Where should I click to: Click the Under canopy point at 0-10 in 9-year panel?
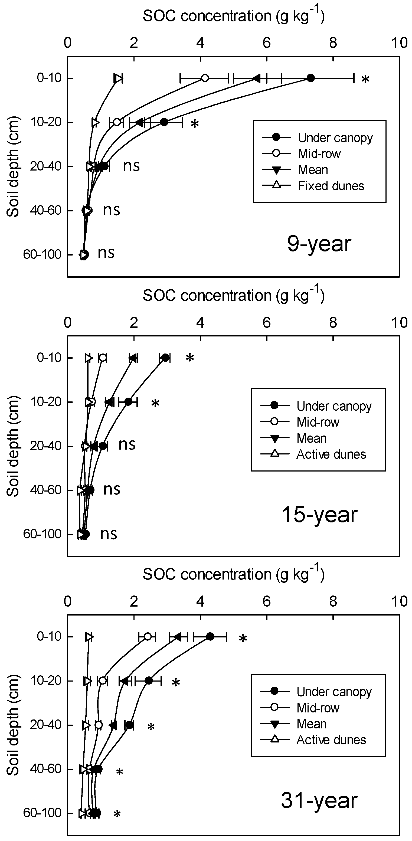(311, 78)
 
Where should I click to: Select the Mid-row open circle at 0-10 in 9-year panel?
(205, 78)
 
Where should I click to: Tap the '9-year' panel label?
(319, 244)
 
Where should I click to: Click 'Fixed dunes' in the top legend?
(331, 186)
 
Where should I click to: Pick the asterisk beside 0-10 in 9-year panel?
(366, 79)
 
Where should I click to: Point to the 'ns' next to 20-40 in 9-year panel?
(131, 166)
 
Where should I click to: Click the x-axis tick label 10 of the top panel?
(399, 43)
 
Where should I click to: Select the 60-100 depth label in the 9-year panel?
(42, 254)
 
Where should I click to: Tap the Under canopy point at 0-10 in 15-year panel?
(165, 358)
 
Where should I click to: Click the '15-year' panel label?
(319, 515)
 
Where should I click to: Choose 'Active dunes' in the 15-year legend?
(331, 454)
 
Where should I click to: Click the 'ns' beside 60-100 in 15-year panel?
(108, 534)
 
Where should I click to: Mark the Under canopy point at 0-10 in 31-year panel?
(210, 636)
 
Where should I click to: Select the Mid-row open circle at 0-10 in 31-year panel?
(148, 636)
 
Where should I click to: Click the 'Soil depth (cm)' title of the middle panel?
(13, 446)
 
